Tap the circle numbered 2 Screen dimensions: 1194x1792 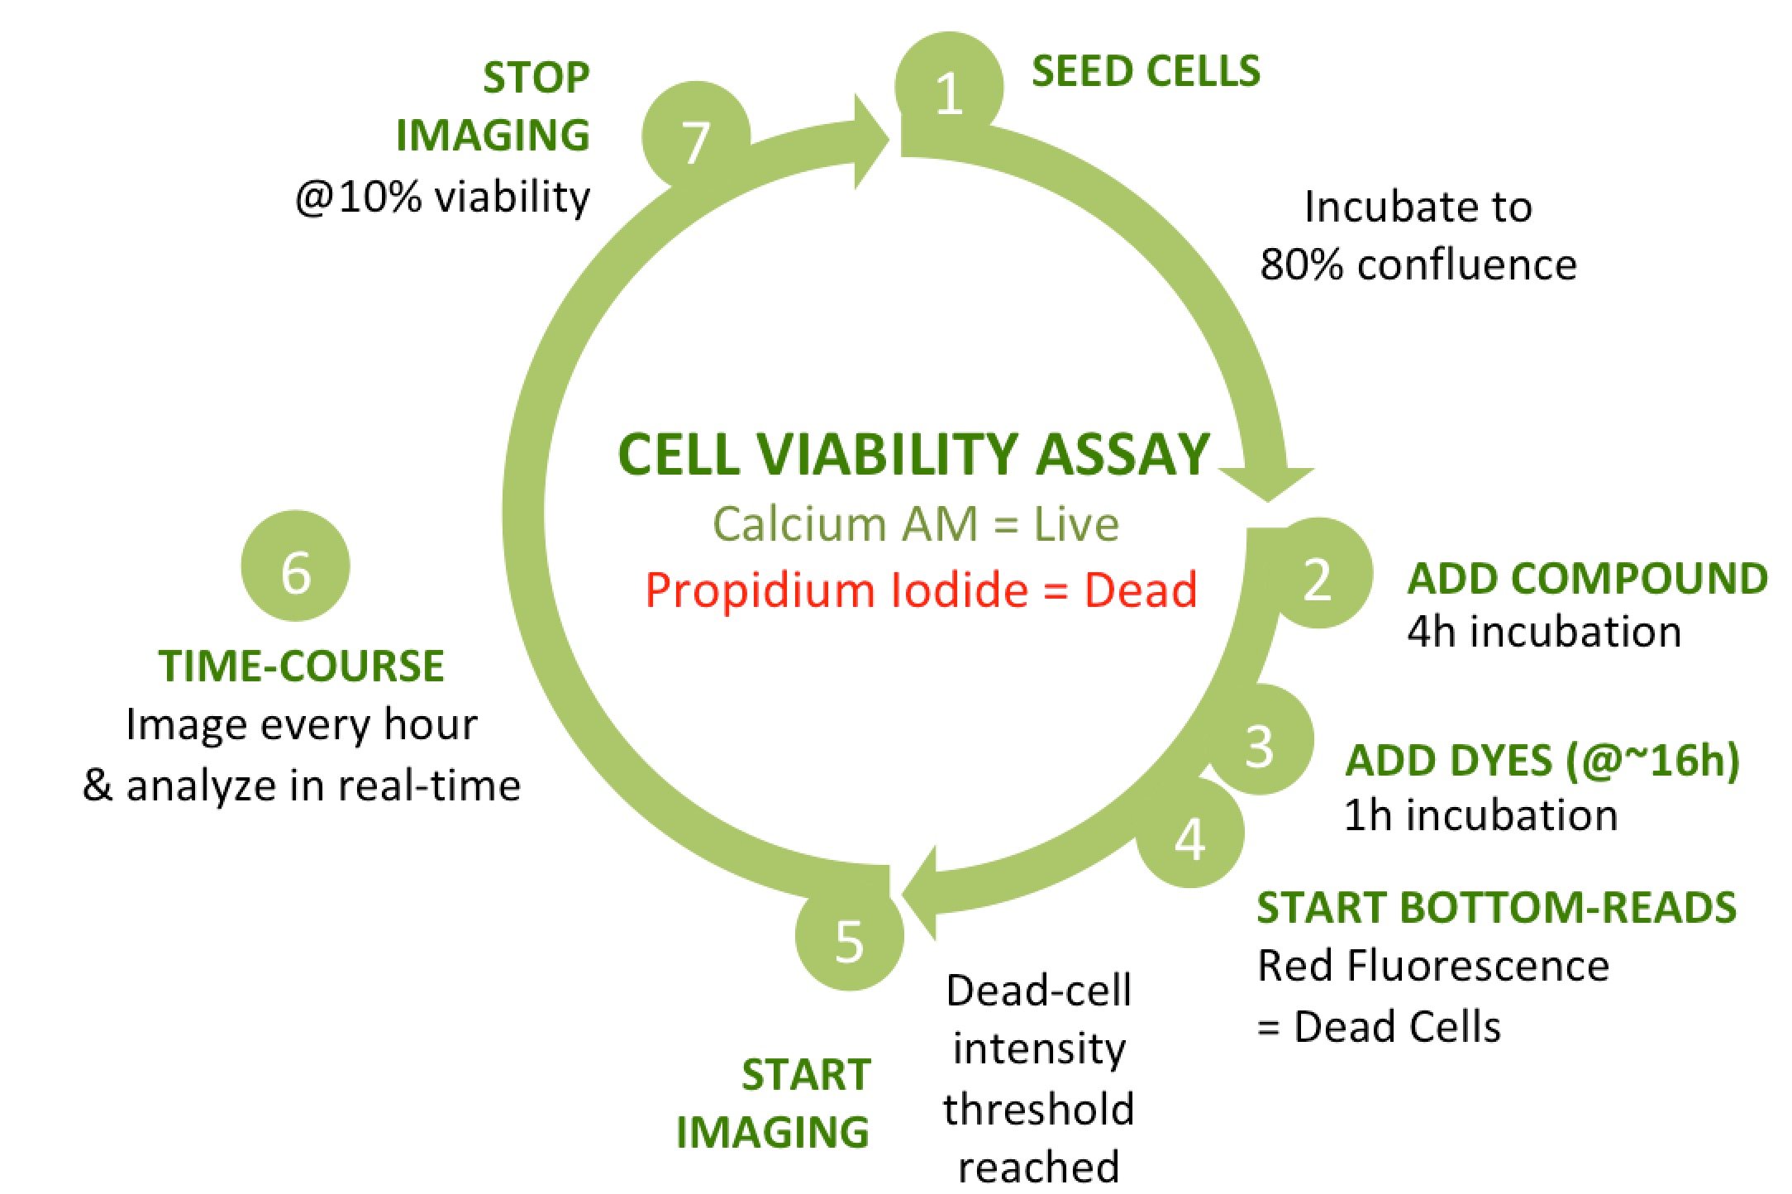[x=1318, y=574]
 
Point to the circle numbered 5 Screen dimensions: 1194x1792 [x=849, y=938]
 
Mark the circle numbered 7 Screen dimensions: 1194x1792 [x=695, y=137]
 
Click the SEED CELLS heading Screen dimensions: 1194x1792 [x=1146, y=71]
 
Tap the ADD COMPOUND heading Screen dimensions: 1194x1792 [x=1587, y=578]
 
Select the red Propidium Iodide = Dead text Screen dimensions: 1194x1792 [x=921, y=590]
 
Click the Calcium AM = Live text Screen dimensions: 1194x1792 [x=915, y=524]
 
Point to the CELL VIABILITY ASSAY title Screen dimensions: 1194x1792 [x=913, y=455]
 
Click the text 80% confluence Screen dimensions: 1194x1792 [x=1418, y=265]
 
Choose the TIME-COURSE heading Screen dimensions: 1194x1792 [x=302, y=666]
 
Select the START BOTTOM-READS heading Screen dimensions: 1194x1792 [x=1496, y=908]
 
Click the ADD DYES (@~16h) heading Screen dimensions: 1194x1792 [x=1542, y=761]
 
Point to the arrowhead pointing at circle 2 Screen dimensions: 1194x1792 [x=1266, y=484]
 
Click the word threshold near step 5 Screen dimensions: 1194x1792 [x=1038, y=1110]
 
